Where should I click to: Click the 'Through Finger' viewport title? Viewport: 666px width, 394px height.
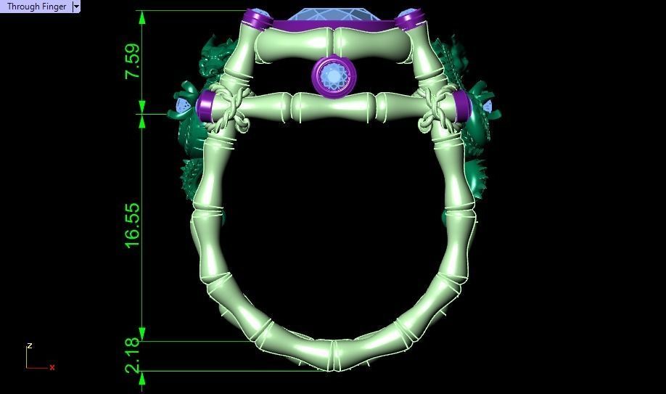click(36, 7)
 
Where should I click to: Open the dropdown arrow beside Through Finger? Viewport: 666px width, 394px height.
click(76, 7)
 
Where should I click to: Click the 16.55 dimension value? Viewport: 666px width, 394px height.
click(133, 225)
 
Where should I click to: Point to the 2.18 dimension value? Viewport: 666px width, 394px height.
click(133, 356)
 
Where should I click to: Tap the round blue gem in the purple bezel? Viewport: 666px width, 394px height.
click(334, 75)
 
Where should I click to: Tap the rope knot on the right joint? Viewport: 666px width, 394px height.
click(437, 112)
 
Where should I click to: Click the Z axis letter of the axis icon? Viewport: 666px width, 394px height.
click(30, 346)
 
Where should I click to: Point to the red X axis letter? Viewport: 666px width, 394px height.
click(52, 368)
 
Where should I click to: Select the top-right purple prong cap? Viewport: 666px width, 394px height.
click(410, 19)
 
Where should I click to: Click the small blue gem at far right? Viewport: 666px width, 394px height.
click(487, 107)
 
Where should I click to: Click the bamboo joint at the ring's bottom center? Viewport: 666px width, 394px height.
click(332, 355)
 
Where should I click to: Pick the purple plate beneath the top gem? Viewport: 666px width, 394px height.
click(334, 26)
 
